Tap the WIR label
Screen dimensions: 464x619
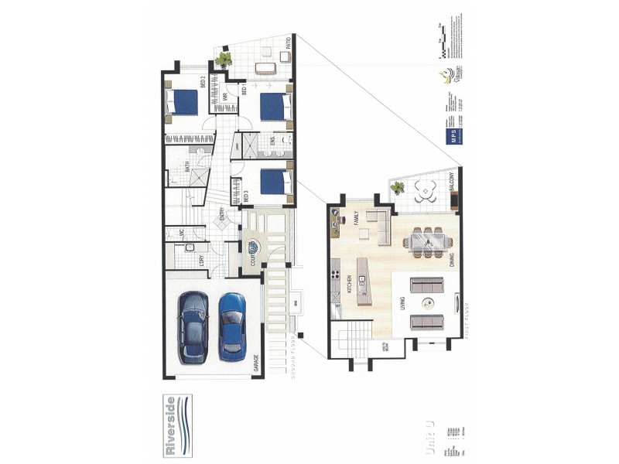tap(224, 97)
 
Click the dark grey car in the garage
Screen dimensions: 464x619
tap(193, 327)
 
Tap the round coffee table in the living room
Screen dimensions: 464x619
tap(428, 304)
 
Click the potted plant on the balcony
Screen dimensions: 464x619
tap(398, 187)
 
